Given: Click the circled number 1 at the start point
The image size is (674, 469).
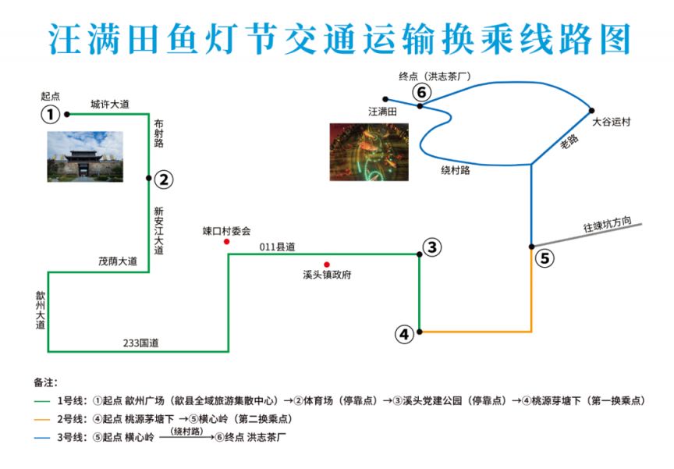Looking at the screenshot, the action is [x=50, y=115].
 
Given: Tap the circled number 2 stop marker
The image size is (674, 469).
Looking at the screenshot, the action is [x=164, y=179].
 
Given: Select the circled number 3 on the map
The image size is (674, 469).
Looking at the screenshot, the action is [x=432, y=247].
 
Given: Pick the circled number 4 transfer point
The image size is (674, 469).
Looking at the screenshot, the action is [x=405, y=334].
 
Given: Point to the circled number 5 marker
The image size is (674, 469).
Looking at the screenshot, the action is [x=545, y=258].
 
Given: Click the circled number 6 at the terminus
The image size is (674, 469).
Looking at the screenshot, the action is [x=422, y=92].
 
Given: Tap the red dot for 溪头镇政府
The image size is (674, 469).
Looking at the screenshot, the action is [x=327, y=265].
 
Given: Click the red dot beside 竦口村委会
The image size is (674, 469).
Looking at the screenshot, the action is [x=226, y=242].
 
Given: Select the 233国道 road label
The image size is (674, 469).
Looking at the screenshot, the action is [x=140, y=343].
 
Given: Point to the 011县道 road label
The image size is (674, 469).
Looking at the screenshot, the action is [x=277, y=247].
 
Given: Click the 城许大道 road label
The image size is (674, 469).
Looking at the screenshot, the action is [x=110, y=104].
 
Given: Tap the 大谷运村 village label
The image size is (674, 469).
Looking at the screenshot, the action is [x=612, y=122].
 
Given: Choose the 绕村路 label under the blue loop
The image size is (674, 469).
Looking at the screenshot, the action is [x=456, y=170].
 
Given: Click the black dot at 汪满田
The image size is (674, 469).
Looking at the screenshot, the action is [x=385, y=99].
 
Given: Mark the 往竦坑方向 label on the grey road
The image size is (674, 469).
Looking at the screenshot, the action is [x=607, y=224].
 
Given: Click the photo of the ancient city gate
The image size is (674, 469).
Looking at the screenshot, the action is [x=85, y=157].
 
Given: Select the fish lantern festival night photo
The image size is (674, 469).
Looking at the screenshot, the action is [x=369, y=152].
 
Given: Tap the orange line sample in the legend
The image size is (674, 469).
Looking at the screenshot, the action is [x=42, y=420].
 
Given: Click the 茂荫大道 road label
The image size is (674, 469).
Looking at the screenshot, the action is [x=118, y=261].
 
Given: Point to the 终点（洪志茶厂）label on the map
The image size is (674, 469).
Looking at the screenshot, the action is [x=435, y=76].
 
